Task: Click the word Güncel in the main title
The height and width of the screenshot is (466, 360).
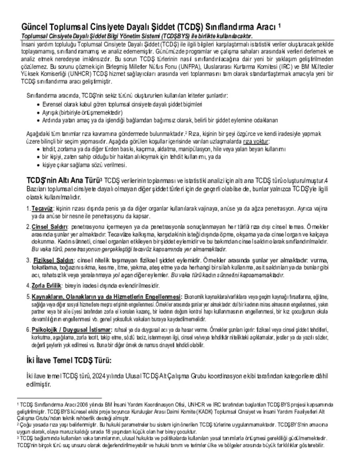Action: tap(34, 27)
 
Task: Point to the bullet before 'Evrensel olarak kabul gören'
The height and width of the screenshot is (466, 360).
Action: tap(38, 104)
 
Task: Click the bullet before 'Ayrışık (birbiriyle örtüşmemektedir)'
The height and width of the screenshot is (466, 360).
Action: tap(38, 113)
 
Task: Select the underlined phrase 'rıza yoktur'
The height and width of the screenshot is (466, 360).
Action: tap(256, 141)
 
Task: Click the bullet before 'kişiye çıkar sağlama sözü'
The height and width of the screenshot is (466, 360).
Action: tap(38, 165)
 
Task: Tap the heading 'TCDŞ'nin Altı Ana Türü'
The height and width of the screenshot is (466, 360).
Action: tap(63, 180)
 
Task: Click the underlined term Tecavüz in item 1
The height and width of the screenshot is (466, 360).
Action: tap(42, 209)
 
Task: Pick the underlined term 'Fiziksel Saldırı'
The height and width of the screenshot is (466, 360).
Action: tap(53, 260)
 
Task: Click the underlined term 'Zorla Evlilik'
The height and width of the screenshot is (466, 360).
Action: tap(46, 285)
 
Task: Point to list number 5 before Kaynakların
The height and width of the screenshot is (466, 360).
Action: tap(28, 296)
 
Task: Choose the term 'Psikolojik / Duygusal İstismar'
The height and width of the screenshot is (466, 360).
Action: tap(72, 330)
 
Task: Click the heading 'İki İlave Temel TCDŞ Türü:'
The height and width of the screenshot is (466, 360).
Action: tap(69, 360)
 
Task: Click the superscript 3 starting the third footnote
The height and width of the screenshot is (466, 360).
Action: tap(18, 438)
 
